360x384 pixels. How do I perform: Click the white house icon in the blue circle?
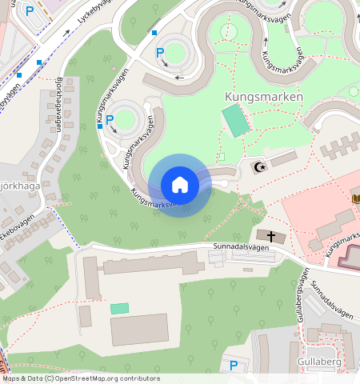[x=180, y=185]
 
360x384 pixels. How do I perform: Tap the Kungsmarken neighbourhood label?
[x=263, y=97]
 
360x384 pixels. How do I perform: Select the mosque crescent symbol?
[x=258, y=167]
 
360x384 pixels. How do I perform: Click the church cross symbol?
[x=271, y=236]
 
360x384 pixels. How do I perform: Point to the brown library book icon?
[x=355, y=198]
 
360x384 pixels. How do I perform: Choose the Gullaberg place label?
[x=319, y=362]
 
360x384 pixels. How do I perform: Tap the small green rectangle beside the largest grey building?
[x=119, y=308]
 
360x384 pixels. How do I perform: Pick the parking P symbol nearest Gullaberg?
[x=234, y=366]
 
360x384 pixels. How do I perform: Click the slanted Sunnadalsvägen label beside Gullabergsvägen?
[x=332, y=300]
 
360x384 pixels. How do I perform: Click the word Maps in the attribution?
[x=12, y=378]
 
